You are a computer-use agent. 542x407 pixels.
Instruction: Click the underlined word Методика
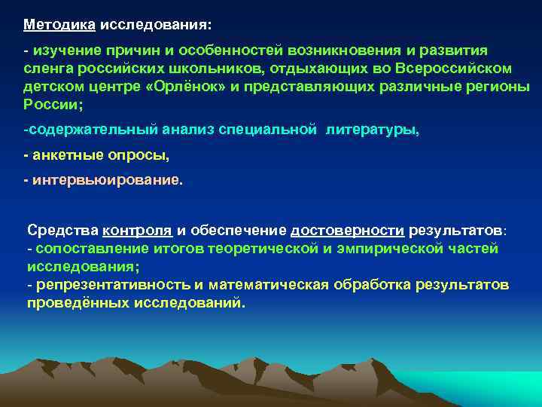coord(59,25)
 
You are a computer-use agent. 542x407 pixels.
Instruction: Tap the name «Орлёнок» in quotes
coord(185,86)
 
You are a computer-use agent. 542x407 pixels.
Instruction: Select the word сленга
coord(47,68)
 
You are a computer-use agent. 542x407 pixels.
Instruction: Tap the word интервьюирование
coord(106,182)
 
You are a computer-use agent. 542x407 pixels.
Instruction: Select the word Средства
coord(62,231)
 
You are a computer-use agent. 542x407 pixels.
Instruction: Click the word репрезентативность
coord(105,285)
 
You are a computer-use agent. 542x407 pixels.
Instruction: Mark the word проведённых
coord(72,303)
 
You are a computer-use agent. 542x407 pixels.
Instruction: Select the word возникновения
coord(343,50)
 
